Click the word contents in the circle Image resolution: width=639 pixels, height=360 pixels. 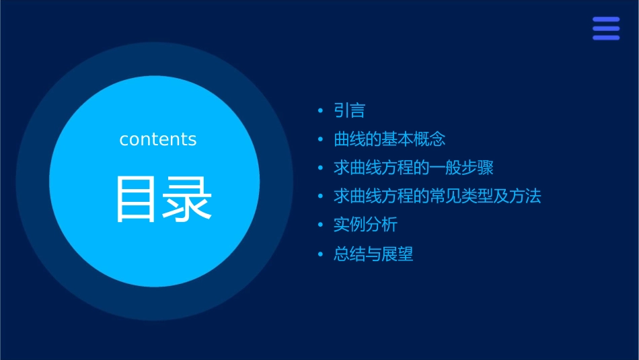(158, 139)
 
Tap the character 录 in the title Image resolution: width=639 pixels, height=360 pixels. (188, 199)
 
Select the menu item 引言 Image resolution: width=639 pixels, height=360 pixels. (349, 110)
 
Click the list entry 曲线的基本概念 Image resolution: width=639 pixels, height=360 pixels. (389, 139)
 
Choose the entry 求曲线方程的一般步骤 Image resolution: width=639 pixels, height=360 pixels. (414, 168)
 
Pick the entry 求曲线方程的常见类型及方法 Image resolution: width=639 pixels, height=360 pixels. (437, 196)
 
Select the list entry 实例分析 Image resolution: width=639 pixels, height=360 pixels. (365, 225)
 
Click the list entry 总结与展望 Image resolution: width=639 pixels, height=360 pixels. (373, 254)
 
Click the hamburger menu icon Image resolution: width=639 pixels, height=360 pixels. (606, 29)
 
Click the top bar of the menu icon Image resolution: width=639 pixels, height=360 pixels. (606, 20)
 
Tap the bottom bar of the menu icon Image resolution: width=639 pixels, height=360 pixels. (606, 38)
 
